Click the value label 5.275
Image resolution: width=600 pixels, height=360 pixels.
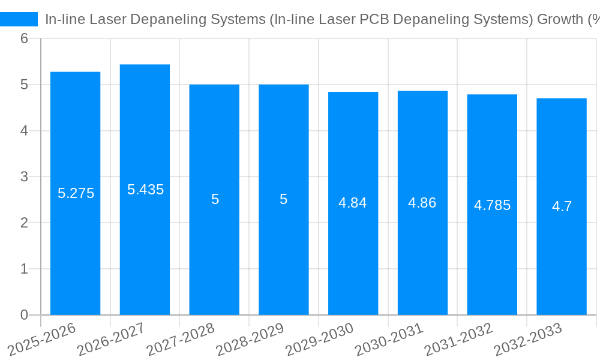pos(76,193)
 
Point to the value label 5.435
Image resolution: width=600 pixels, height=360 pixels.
pos(145,190)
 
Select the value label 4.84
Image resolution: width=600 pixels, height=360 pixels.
pos(353,203)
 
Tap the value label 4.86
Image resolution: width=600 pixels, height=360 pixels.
pos(422,203)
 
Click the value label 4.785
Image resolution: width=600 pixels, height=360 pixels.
pos(492,205)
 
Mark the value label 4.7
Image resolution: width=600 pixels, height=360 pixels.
pos(562,207)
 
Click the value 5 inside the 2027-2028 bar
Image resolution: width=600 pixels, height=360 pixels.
pos(215,199)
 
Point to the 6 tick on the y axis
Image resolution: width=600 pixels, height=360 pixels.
pos(24,38)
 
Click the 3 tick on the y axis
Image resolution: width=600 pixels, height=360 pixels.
pos(24,177)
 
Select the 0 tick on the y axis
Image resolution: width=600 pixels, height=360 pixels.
pos(24,315)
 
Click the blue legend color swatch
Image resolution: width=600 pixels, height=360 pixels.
pos(19,19)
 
